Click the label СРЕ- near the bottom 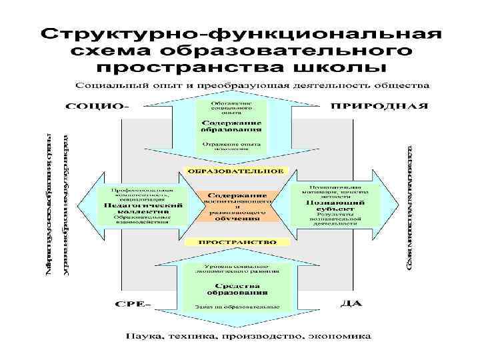coord(133,305)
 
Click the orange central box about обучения coord(236,205)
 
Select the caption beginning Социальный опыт coord(252,86)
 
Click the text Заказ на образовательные coord(237,307)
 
